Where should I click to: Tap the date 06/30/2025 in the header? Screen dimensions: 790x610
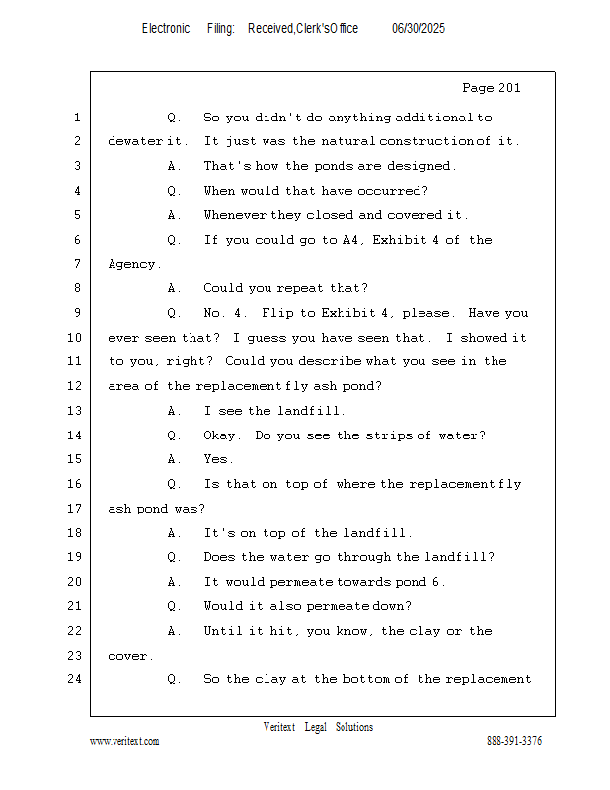coord(419,28)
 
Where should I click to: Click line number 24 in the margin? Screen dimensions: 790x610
coord(74,679)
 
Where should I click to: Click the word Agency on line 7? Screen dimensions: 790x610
coord(132,265)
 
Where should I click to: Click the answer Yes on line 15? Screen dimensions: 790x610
coord(217,459)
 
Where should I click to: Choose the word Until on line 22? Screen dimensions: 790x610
coord(223,631)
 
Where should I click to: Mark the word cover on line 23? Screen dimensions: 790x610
coord(128,656)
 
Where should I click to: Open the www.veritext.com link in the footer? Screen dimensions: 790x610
coord(124,741)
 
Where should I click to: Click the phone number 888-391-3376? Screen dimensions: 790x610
coord(514,741)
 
